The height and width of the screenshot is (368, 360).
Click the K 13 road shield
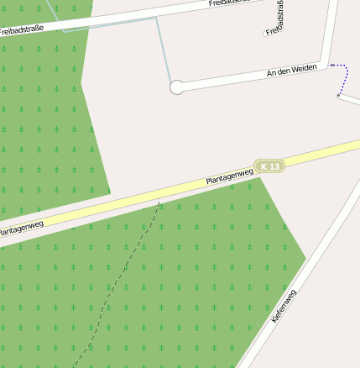(x=270, y=166)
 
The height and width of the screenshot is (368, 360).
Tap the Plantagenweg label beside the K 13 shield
(x=229, y=177)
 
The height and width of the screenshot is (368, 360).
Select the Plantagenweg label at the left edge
(x=20, y=228)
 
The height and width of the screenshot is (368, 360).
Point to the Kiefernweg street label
(x=284, y=307)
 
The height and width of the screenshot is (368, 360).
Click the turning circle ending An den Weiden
(x=176, y=87)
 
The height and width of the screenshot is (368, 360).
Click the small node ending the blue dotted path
(x=338, y=96)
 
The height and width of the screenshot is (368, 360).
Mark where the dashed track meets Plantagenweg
(x=159, y=202)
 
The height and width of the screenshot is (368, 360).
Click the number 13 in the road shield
(x=274, y=166)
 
